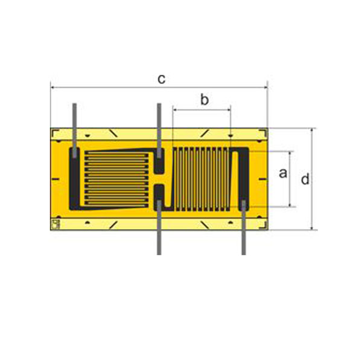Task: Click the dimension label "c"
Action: pos(161,79)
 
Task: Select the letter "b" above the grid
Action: pos(205,100)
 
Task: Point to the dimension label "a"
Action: pos(283,173)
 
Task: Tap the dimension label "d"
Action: pos(305,179)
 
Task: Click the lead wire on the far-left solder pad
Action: pos(74,131)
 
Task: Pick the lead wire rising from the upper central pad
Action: pos(159,131)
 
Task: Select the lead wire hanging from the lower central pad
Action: pos(159,227)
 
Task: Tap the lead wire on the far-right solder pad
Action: pos(244,227)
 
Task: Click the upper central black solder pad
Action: pos(159,161)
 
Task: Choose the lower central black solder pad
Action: pos(159,197)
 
